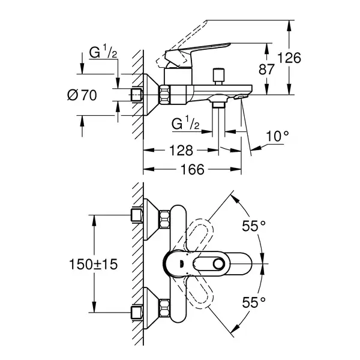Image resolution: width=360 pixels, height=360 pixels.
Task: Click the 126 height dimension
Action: [x=289, y=58]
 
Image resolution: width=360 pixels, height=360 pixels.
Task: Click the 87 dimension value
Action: [x=266, y=70]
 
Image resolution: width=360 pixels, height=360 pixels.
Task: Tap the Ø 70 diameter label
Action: [x=82, y=95]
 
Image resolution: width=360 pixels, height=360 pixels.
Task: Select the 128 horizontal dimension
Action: [x=181, y=151]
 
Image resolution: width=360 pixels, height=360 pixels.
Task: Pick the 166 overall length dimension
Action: [x=193, y=170]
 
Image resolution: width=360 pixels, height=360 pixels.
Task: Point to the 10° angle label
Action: [x=278, y=136]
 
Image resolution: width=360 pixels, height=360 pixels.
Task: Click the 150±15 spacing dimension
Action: [x=93, y=264]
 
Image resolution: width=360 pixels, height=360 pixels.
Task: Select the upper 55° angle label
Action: [x=254, y=226]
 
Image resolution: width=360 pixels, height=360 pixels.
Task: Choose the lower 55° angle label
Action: [x=254, y=302]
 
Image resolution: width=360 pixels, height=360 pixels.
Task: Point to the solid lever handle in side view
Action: [x=197, y=53]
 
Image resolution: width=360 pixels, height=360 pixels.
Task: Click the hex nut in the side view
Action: [x=164, y=95]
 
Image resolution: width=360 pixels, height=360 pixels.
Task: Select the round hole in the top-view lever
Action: [x=218, y=263]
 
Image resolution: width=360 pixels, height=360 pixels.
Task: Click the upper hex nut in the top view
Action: [x=164, y=219]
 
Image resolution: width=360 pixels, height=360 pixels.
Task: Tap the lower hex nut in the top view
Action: [x=164, y=308]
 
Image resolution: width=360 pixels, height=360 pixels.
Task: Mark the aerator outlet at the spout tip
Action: [x=240, y=97]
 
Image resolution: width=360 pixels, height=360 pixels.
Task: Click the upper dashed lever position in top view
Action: [x=199, y=236]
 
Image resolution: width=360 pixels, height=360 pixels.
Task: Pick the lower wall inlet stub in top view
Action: [x=137, y=313]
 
